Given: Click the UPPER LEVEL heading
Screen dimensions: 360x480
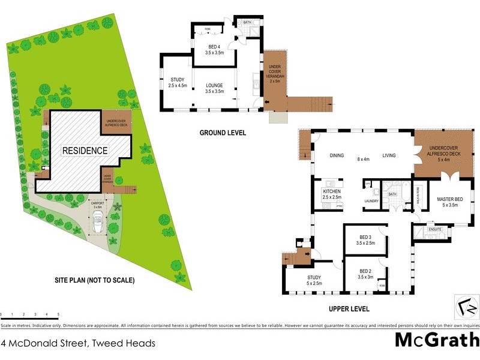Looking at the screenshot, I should coord(349,309).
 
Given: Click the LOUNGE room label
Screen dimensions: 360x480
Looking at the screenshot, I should coord(214,88).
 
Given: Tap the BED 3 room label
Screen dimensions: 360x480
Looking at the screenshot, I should coord(365,240).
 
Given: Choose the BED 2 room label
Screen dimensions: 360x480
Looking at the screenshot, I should coord(365,274).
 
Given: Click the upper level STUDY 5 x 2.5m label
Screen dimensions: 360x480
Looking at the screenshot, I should coord(314,280).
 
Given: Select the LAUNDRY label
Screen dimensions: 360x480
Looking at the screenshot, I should coord(372,201).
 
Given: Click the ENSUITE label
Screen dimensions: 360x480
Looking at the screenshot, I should coord(434,229).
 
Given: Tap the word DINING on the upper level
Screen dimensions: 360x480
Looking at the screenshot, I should coord(337,155).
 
